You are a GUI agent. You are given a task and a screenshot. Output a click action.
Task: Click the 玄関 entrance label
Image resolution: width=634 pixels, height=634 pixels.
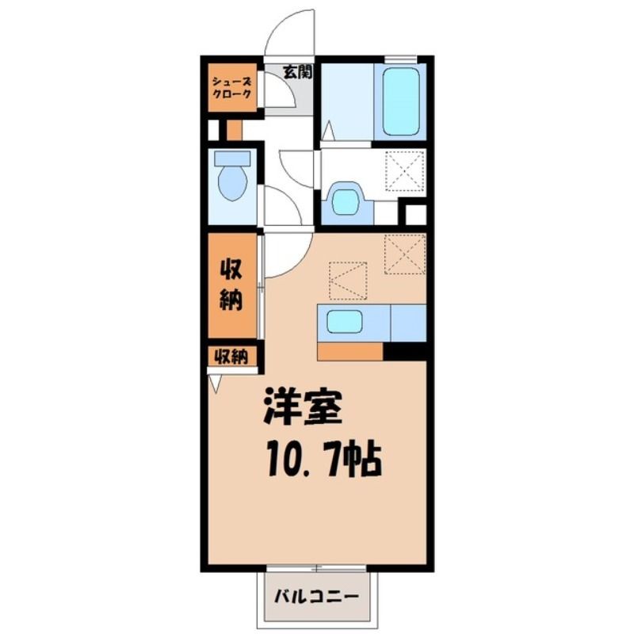297,72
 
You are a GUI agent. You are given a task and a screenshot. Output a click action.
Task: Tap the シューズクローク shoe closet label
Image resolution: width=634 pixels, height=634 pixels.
232,88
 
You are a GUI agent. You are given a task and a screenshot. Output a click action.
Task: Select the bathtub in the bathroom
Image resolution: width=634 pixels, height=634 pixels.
400,101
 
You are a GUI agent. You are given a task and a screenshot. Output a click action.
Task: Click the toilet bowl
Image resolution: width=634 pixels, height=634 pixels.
232,183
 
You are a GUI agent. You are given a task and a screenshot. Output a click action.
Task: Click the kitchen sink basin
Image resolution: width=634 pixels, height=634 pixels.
344,322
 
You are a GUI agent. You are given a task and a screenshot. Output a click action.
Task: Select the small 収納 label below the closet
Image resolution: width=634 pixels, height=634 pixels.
231,357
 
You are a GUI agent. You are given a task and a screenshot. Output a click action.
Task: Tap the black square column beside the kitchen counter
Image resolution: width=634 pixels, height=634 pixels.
405,351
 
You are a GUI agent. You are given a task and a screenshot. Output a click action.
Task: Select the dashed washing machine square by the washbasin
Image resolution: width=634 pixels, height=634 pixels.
405,170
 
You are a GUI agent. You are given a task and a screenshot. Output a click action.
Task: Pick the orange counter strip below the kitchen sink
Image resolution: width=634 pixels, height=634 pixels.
350,351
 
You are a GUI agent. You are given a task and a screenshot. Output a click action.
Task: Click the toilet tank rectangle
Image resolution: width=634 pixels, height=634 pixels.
232,158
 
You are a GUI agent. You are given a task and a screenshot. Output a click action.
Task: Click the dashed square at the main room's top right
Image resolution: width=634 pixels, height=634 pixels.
405,254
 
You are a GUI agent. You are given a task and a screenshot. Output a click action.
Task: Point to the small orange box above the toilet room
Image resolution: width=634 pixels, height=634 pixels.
234,130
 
